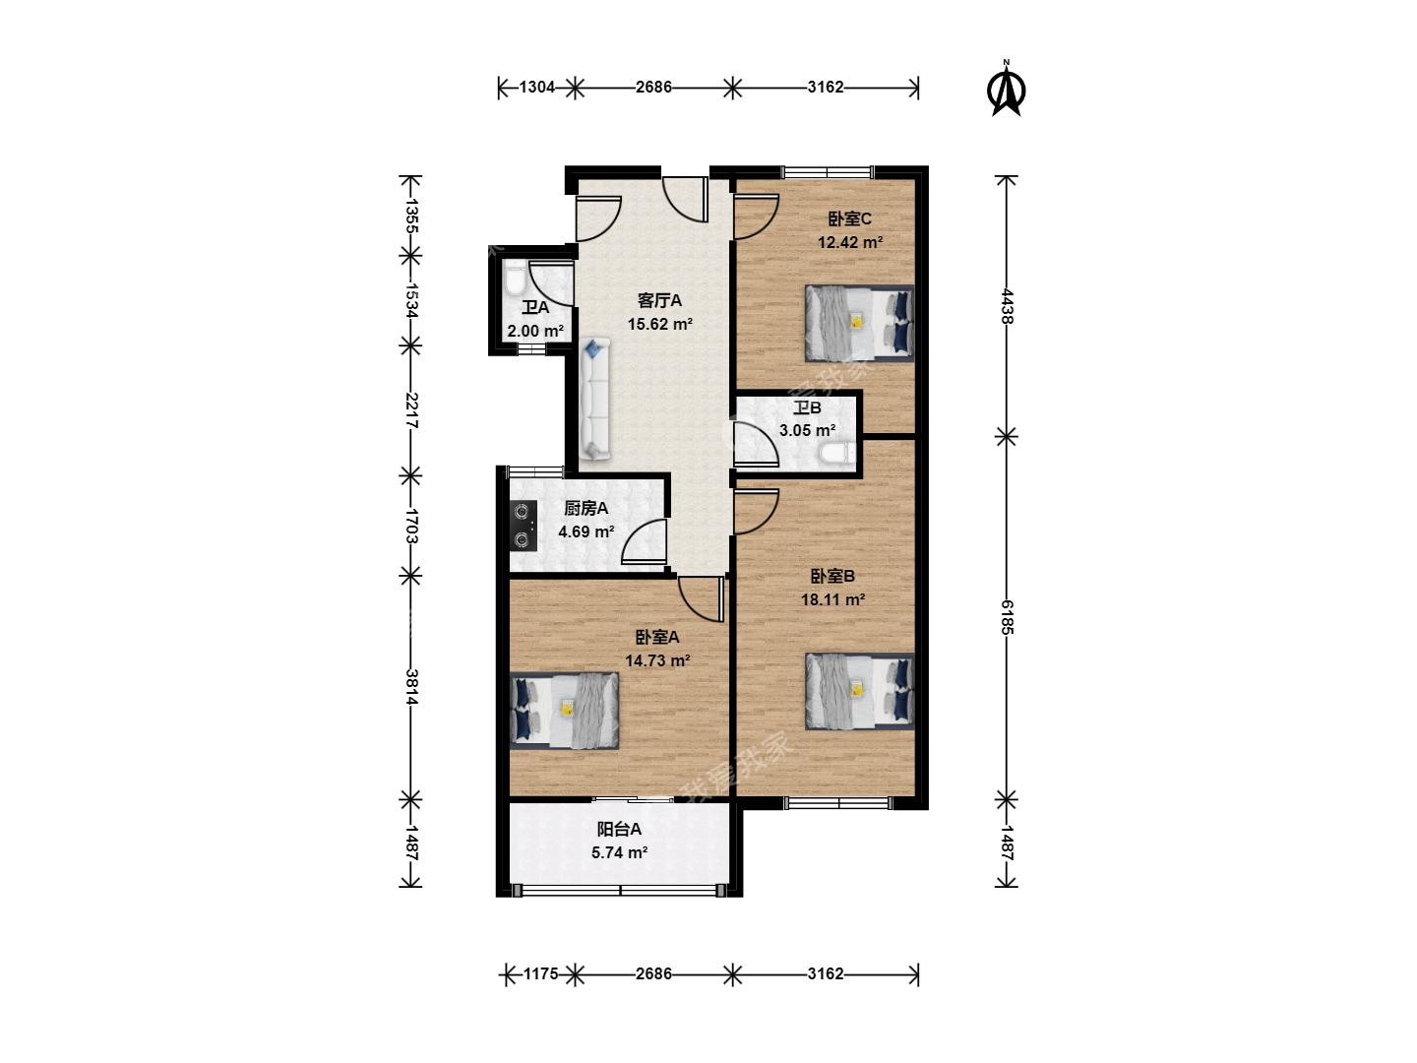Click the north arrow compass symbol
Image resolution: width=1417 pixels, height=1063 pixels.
(x=1006, y=89)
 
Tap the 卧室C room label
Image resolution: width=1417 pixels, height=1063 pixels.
(x=849, y=219)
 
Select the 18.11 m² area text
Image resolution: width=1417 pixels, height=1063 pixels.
(x=832, y=599)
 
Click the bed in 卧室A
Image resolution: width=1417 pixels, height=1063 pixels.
(x=564, y=711)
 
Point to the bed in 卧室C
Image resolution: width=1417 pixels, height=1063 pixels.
(x=859, y=324)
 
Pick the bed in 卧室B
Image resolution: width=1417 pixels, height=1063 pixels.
(x=859, y=691)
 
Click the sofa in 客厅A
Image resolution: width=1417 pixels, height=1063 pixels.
(x=594, y=400)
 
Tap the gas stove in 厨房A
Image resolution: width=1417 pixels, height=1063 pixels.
(x=523, y=526)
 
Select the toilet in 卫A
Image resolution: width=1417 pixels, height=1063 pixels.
(x=516, y=278)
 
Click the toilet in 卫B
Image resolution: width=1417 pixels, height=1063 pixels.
(x=836, y=454)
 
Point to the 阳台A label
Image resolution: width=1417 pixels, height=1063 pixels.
(x=618, y=829)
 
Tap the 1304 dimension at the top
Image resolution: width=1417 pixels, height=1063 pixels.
(x=537, y=88)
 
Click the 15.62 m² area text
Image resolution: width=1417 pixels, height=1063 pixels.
(x=659, y=324)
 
